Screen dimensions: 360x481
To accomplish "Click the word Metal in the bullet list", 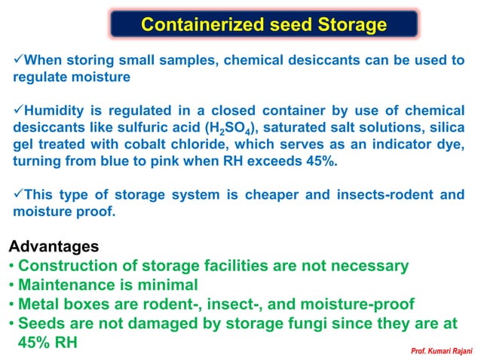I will pos(41,305).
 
